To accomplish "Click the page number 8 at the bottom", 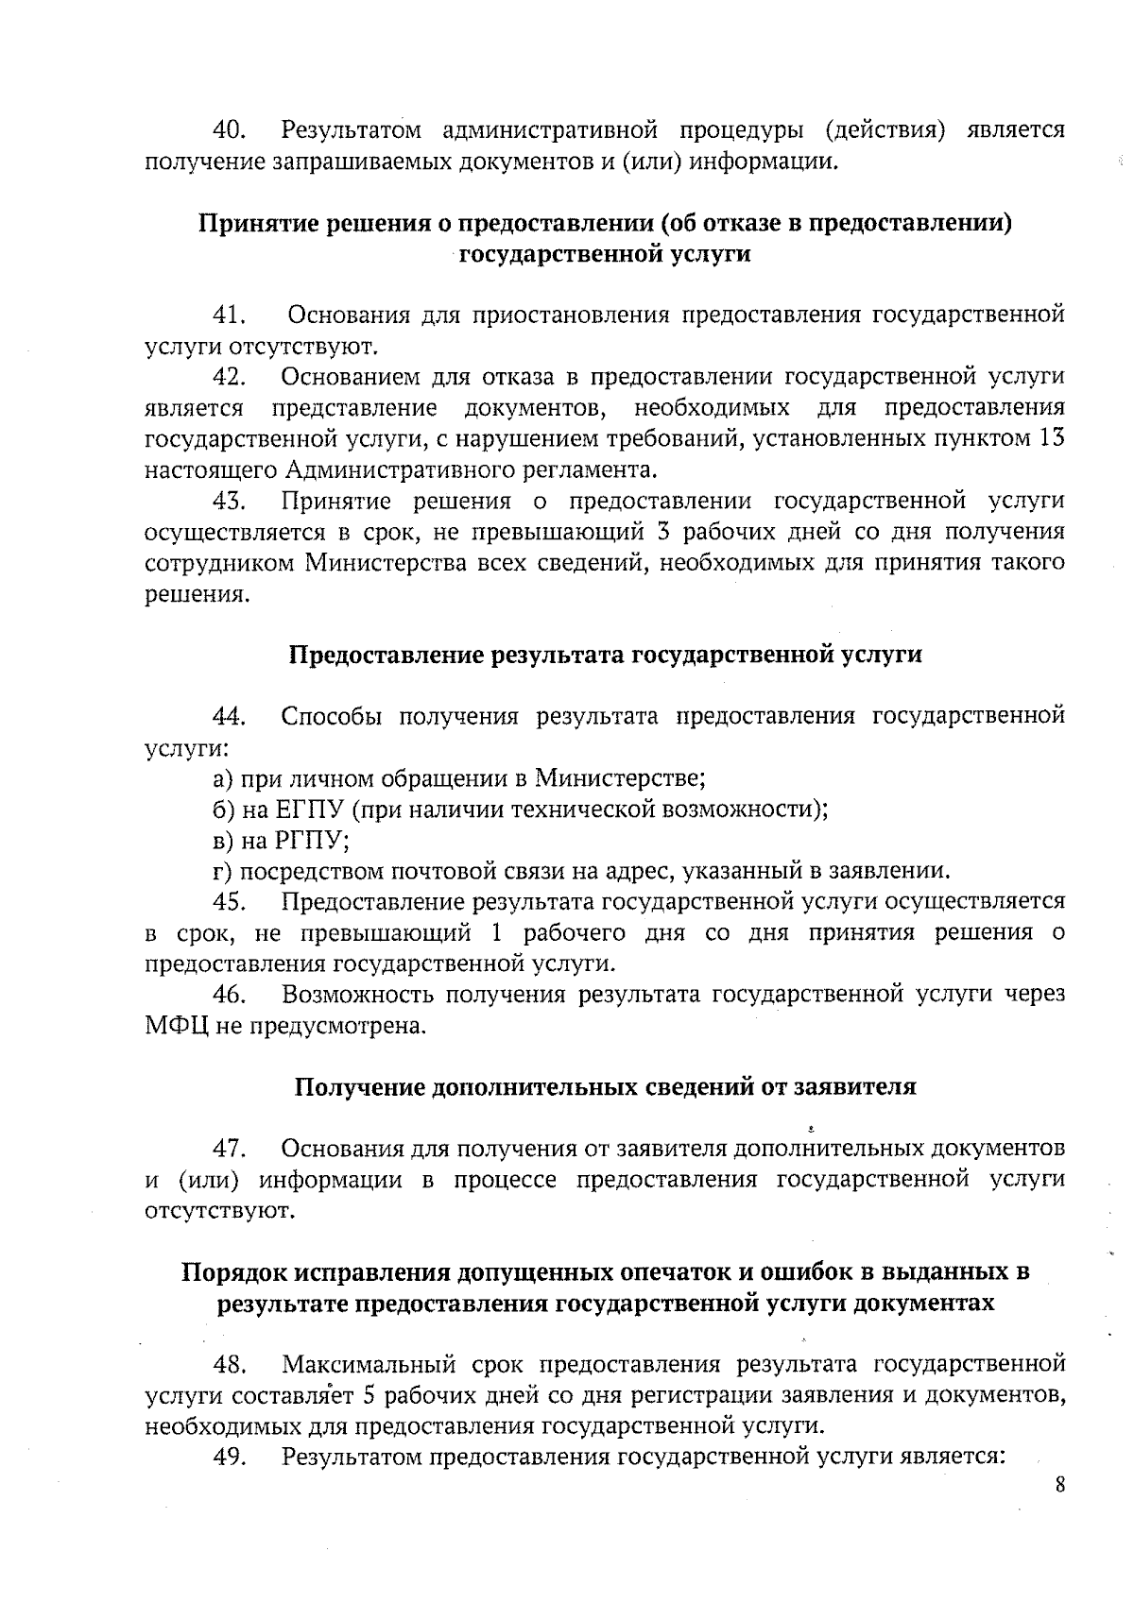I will click(1060, 1485).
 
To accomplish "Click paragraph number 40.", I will click(230, 129).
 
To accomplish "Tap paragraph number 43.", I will click(230, 501).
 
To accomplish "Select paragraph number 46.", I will click(230, 995).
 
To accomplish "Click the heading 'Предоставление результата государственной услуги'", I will click(605, 655).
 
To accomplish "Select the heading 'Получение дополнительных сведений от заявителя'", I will click(605, 1086).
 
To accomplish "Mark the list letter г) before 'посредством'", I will click(222, 871).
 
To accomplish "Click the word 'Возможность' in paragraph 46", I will click(355, 995).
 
